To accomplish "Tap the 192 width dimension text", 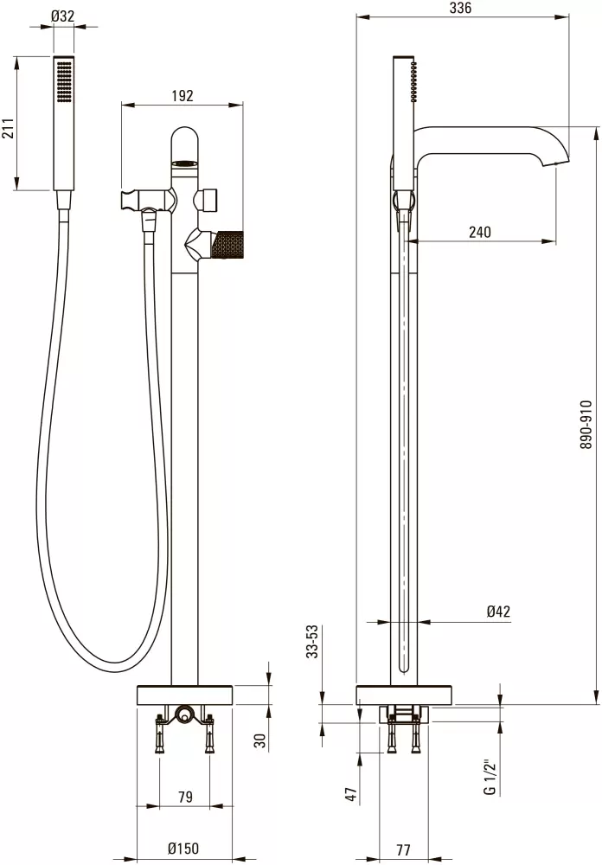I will point(183,96).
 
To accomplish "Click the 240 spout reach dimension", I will point(480,231).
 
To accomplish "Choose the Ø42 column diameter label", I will point(498,612).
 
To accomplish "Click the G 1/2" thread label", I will point(490,778).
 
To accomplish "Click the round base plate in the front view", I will point(186,695).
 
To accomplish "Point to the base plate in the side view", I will point(405,695).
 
